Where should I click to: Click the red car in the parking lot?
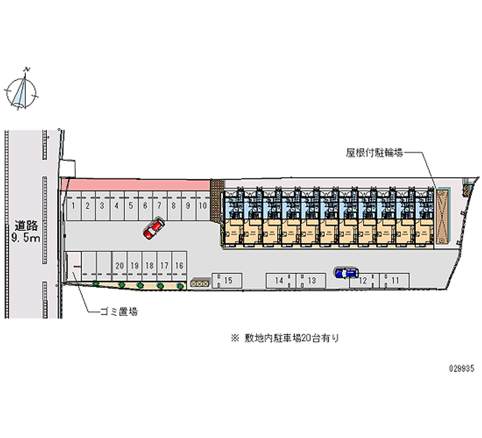coord(154,228)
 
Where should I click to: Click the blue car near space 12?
coord(346,273)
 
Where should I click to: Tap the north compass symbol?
coord(22,91)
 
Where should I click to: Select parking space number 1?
coord(73,205)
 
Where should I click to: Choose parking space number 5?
coord(131,205)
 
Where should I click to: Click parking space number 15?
coord(229,280)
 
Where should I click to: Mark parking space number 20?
coord(119,265)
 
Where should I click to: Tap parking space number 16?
coord(179,265)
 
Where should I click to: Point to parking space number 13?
coord(311,280)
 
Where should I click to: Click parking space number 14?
coord(279,280)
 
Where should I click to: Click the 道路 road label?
coord(27,226)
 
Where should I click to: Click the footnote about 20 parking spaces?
coord(284,339)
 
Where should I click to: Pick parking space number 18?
coord(149,265)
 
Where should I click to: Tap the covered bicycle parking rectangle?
coord(443,216)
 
